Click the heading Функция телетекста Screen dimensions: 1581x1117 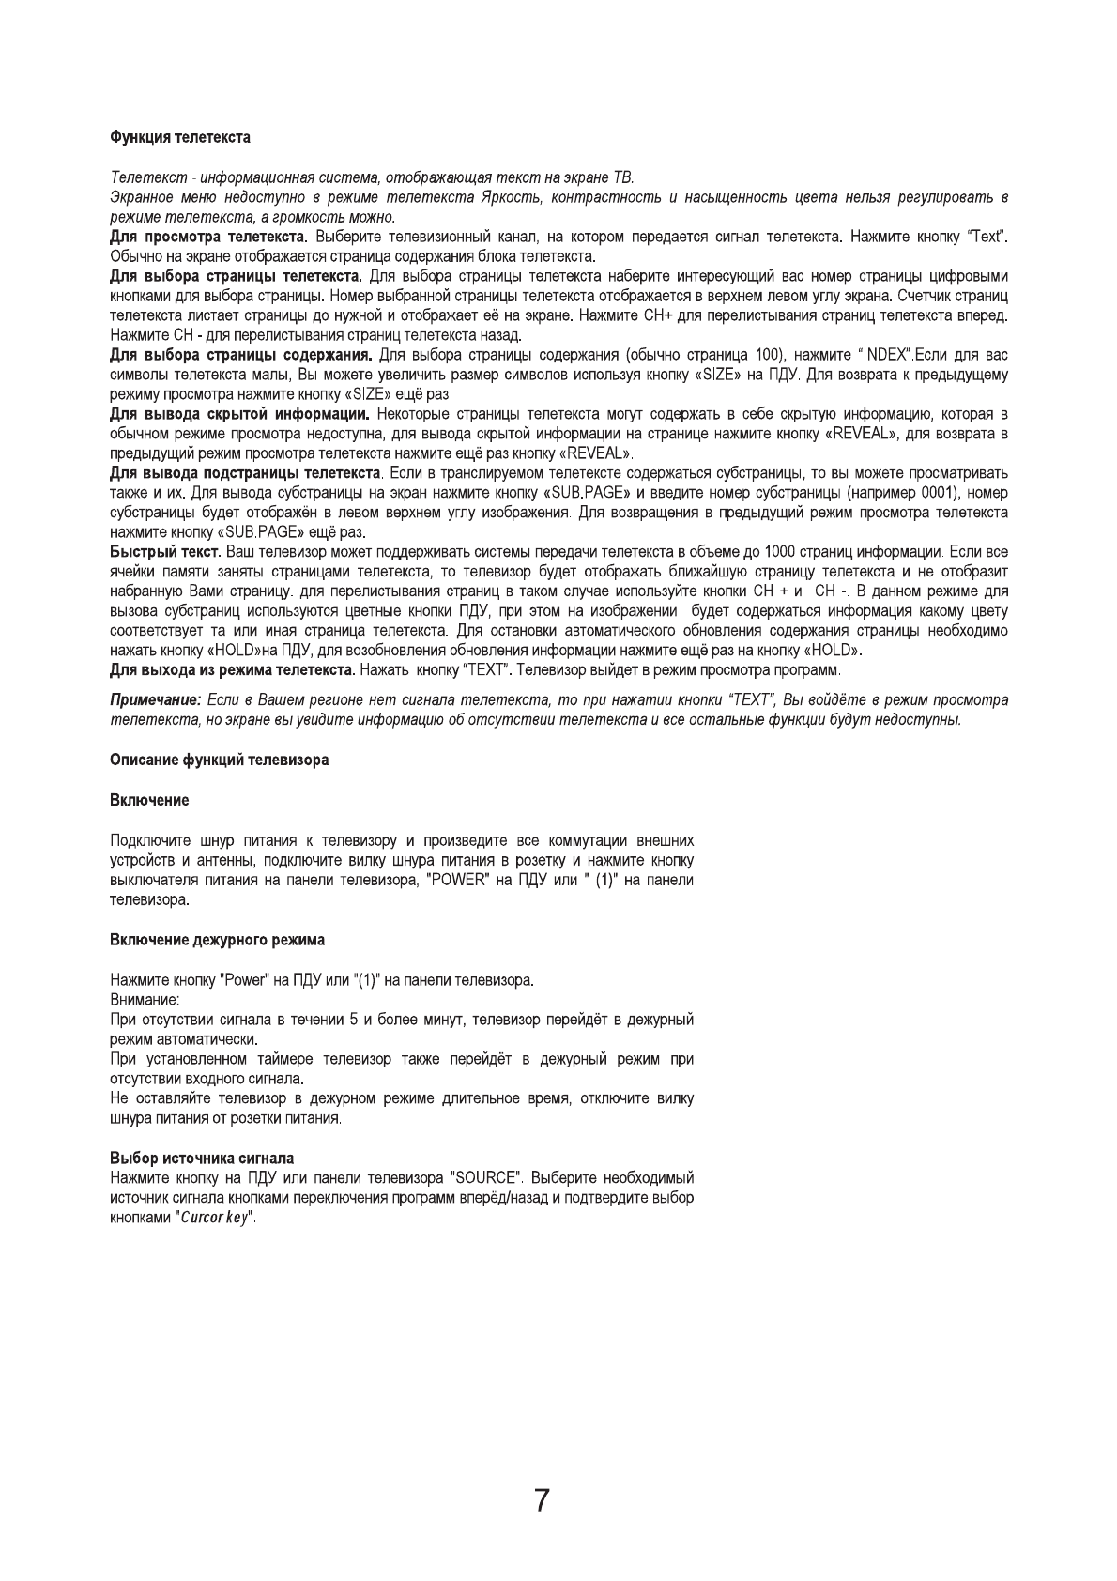tap(180, 138)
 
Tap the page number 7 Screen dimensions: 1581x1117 tap(542, 1501)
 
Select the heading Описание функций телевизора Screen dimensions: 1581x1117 tap(219, 760)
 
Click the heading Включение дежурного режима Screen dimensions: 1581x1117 tap(217, 940)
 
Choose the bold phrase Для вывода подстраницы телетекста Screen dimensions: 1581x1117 tap(246, 472)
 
